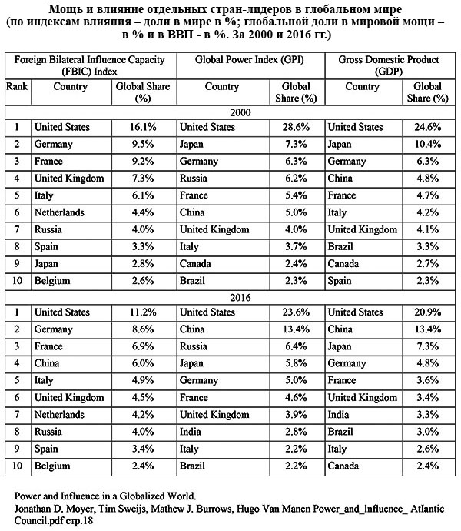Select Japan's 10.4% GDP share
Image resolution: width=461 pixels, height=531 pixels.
(431, 144)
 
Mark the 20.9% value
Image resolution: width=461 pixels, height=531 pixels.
(431, 312)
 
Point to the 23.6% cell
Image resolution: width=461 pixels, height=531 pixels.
(296, 312)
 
